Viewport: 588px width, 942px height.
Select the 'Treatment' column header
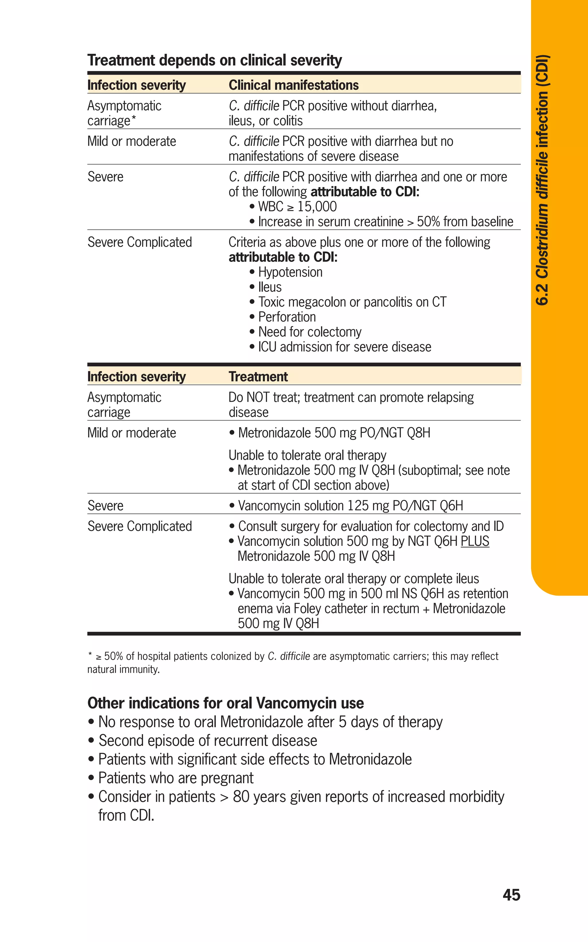[x=258, y=377]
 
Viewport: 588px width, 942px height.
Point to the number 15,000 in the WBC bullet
[x=317, y=207]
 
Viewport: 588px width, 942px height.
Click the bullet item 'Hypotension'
[x=290, y=272]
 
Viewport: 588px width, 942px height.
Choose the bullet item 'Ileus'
[x=270, y=287]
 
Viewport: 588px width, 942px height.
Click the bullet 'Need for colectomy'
[x=310, y=332]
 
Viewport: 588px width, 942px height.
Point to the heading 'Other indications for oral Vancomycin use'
[x=226, y=703]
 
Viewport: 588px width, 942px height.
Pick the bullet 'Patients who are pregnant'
[x=176, y=778]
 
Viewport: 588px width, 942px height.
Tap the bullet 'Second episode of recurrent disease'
[x=208, y=740]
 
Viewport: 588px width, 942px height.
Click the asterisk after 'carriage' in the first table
[x=134, y=119]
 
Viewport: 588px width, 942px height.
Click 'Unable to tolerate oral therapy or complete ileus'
[x=353, y=578]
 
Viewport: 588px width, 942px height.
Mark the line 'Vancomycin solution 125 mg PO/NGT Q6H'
[x=350, y=506]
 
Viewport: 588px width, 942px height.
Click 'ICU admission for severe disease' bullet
[x=345, y=347]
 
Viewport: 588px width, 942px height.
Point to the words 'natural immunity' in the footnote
[x=123, y=669]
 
